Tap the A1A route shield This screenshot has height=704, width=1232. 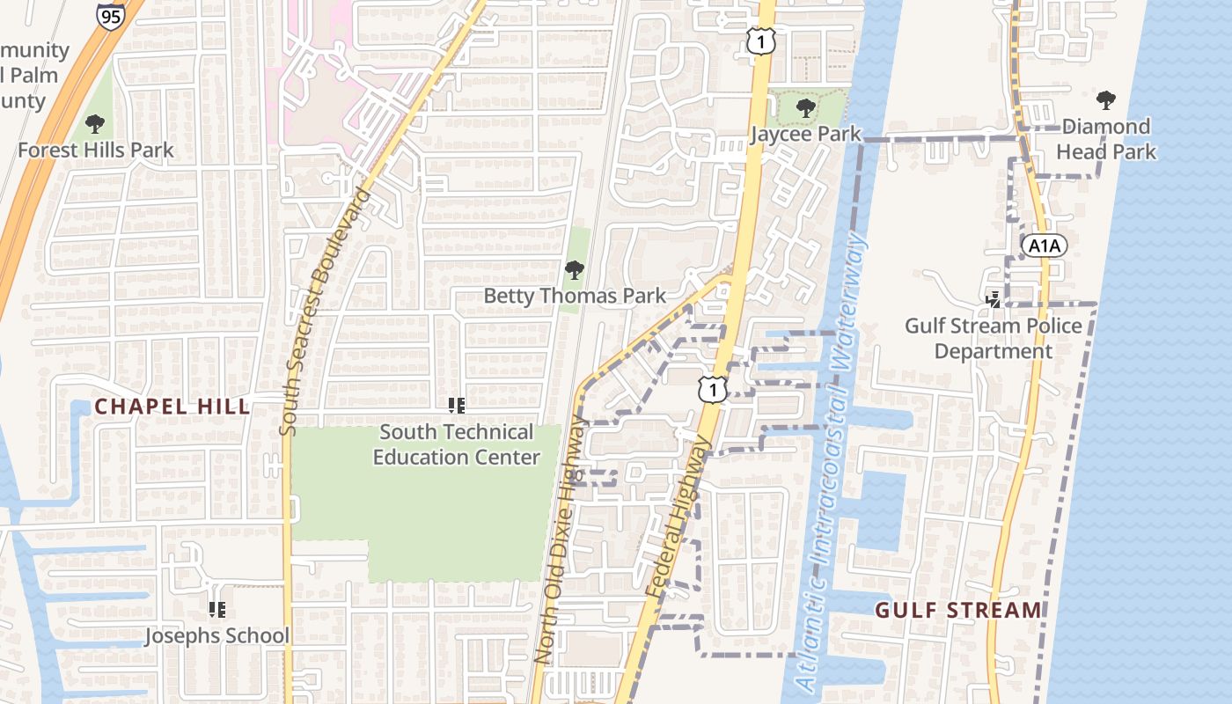coord(1045,246)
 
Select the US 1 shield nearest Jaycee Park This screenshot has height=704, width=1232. coord(761,40)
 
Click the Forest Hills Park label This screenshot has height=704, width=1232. coord(96,150)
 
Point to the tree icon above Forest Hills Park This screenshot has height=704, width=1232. coord(95,124)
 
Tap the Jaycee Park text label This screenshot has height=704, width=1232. coord(805,134)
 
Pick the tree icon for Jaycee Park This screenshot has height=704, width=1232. coord(804,109)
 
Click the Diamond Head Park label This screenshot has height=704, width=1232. coord(1106,139)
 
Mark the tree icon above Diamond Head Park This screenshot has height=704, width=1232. coord(1106,100)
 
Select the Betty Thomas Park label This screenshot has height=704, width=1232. coord(575,296)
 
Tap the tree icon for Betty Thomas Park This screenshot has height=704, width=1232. coord(575,270)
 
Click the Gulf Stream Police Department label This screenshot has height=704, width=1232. coord(994,338)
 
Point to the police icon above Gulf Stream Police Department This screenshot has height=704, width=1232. coord(994,300)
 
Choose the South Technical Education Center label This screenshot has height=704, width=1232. coord(456,444)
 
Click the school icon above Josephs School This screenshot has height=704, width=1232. coord(216,609)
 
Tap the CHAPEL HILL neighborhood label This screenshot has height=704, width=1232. coord(172,407)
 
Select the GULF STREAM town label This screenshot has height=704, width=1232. coord(958,610)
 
